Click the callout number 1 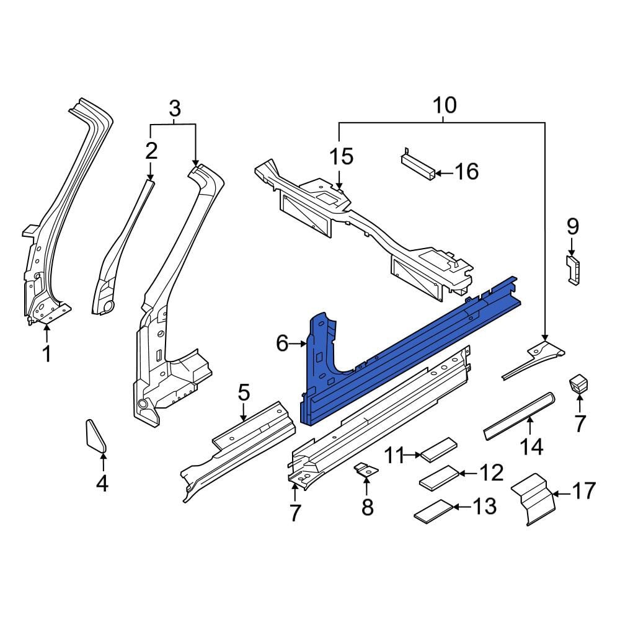click(47, 353)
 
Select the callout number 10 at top click(445, 105)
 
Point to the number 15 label click(342, 156)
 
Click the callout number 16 click(467, 172)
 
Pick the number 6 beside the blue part click(282, 343)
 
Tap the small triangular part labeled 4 click(95, 436)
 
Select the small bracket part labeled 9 click(573, 270)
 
